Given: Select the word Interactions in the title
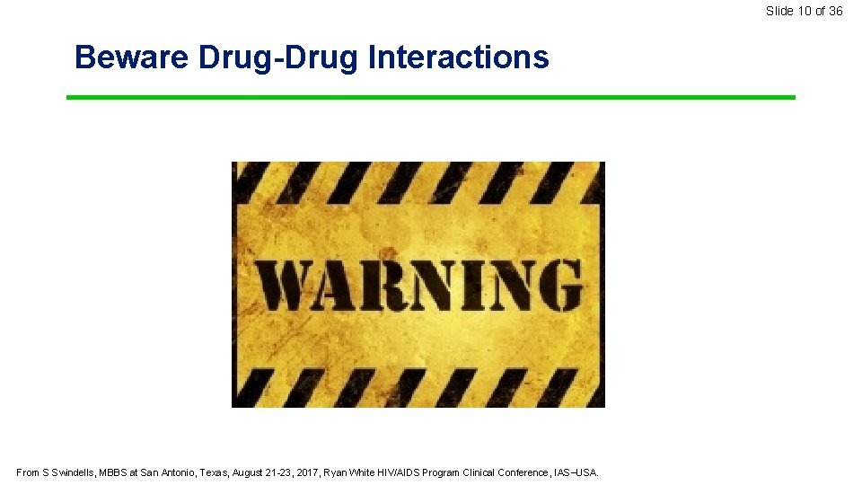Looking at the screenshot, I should tap(458, 57).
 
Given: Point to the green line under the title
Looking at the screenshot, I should tap(431, 97).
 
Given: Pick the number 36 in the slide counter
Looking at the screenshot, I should tap(835, 11).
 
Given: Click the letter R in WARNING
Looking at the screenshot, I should tap(375, 285).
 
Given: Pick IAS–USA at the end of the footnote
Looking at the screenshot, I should tap(576, 472).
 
